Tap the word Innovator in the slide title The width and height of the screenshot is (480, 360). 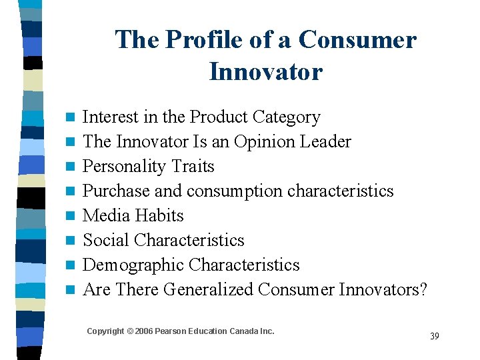pyautogui.click(x=265, y=71)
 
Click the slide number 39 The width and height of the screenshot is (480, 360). pyautogui.click(x=435, y=336)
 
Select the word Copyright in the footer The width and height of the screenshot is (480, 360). pyautogui.click(x=105, y=331)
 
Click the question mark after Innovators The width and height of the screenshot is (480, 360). pyautogui.click(x=422, y=289)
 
